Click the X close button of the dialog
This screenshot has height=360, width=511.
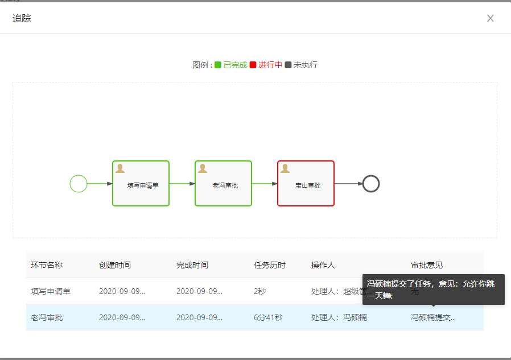[x=491, y=18]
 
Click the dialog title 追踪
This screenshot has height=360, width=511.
[x=22, y=18]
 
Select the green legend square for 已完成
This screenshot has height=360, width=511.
[x=218, y=65]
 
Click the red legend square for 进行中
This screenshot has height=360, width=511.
[x=253, y=65]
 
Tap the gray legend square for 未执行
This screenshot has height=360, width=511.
[x=288, y=65]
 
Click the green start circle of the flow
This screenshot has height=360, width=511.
[x=79, y=184]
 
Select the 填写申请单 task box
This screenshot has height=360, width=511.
[x=141, y=183]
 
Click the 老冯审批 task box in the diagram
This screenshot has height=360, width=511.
[x=224, y=183]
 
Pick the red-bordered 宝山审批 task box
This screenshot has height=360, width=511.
[x=306, y=183]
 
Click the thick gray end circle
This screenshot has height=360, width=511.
[x=371, y=184]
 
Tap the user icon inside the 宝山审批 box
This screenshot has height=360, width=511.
[x=285, y=168]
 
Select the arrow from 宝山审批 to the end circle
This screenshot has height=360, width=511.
[x=348, y=184]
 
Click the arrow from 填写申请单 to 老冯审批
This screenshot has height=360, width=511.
[x=182, y=184]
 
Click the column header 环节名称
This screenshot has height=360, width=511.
[x=47, y=265]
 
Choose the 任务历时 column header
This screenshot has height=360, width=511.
[x=270, y=265]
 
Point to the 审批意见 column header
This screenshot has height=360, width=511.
[x=427, y=265]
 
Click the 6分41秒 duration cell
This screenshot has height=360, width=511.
[x=268, y=317]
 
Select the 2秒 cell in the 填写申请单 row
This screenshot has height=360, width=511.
[x=259, y=291]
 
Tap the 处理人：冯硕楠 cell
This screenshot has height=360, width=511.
[x=339, y=317]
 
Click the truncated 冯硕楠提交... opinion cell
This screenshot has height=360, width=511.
[x=434, y=317]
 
